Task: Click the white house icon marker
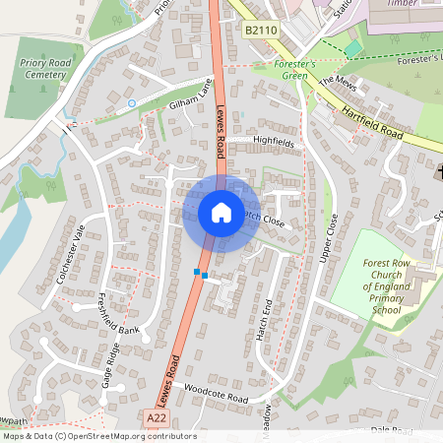pos(221,212)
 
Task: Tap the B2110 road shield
pos(261,32)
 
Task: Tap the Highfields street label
pos(274,142)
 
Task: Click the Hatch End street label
pos(263,319)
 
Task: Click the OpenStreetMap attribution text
pos(99,436)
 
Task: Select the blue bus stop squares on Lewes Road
pos(201,274)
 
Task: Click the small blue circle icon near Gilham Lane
pos(132,102)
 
